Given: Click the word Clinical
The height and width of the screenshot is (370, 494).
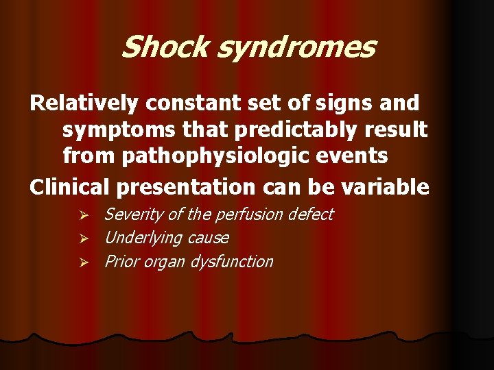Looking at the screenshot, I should point(70,186).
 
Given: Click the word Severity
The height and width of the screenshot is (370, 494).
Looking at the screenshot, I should point(134,215).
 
